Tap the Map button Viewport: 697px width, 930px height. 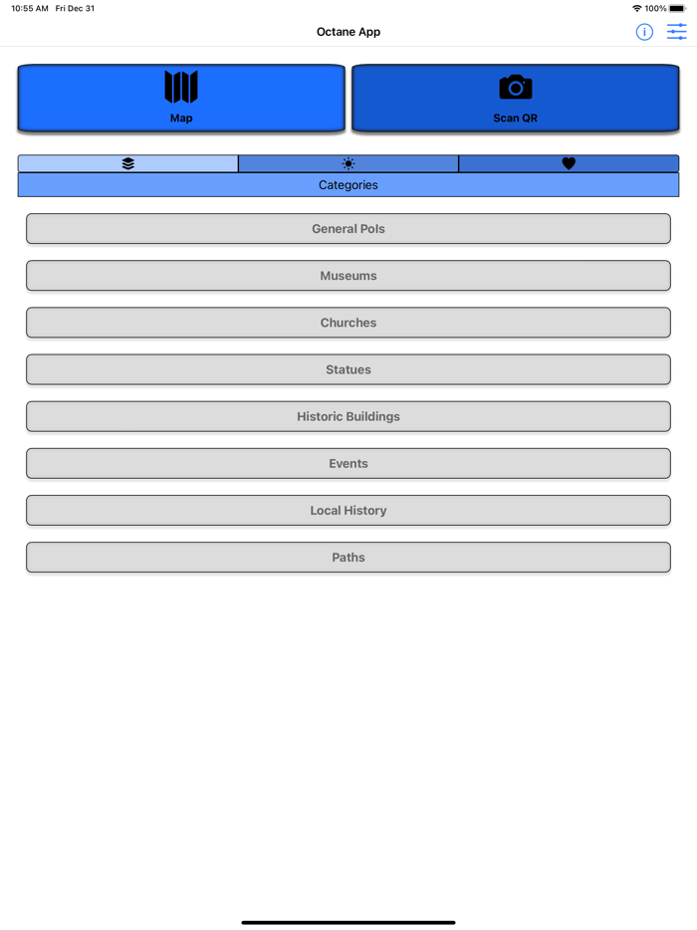pos(181,99)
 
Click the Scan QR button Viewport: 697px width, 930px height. pos(515,99)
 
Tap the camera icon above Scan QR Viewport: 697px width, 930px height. pos(515,88)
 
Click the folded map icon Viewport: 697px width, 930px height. pos(181,88)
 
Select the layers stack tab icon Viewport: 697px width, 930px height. pos(128,163)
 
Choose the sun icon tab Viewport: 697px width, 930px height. pos(348,163)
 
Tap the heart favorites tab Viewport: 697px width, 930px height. pos(569,163)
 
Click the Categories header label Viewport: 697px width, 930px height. pos(348,185)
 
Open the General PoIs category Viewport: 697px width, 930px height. pos(348,229)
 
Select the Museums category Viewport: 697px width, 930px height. pos(348,276)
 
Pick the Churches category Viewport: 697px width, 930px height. pos(348,323)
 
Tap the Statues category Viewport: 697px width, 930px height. pos(348,369)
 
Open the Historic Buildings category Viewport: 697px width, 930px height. pos(348,416)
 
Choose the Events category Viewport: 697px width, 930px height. pos(348,463)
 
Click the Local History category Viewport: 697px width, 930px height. pos(348,510)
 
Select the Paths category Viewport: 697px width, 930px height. pos(348,558)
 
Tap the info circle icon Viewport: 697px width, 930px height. pos(644,32)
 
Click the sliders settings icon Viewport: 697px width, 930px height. pos(677,32)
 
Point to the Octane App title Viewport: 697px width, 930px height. pos(348,32)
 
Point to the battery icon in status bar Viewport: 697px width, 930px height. pos(678,8)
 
